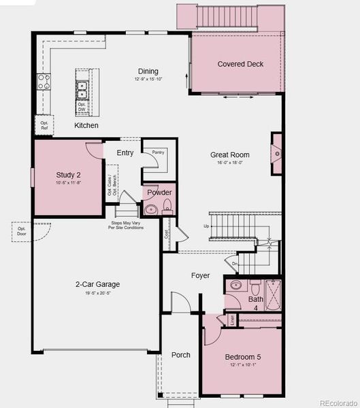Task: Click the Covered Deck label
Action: [240, 65]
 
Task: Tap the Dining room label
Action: [148, 71]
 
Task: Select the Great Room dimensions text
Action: [229, 163]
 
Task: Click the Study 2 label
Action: [67, 175]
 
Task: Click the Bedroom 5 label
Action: [242, 357]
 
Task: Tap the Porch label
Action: [180, 355]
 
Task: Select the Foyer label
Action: [200, 275]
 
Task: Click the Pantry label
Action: [159, 152]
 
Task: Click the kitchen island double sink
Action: [81, 87]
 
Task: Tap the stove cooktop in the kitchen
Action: [44, 82]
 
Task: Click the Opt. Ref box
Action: [44, 125]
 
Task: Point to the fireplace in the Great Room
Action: [276, 154]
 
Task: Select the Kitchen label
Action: [86, 126]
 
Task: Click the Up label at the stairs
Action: [206, 226]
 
